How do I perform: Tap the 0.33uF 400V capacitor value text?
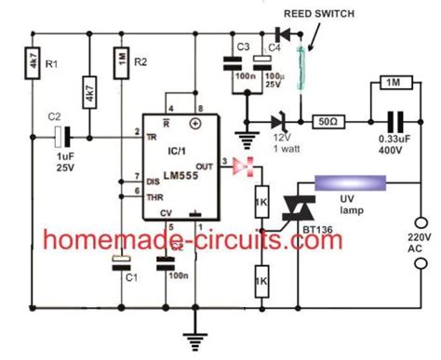coord(393,151)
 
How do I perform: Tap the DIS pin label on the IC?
coord(154,179)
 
